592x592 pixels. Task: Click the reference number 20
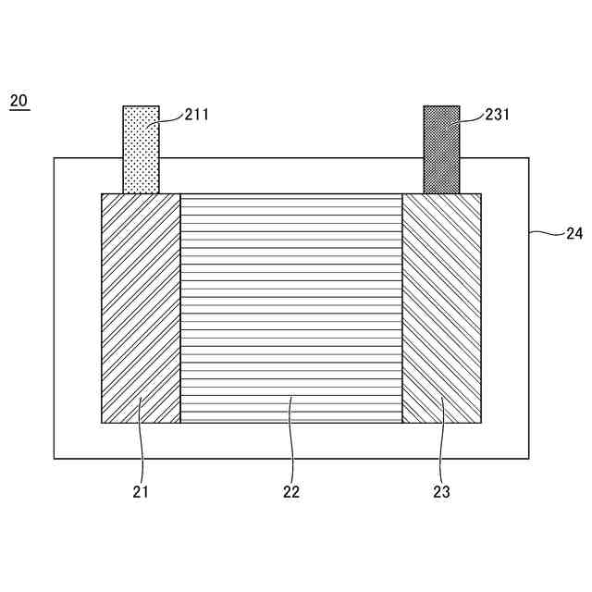(18, 101)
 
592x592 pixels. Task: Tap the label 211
(197, 115)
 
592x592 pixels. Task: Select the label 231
(498, 115)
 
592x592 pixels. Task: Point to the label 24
(574, 234)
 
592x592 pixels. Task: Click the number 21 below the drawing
(141, 491)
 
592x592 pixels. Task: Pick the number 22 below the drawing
(291, 491)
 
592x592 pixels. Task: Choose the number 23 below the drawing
(442, 491)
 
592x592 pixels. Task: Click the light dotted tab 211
(142, 150)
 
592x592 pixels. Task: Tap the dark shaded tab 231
(442, 150)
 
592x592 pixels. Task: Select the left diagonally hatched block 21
(141, 308)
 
